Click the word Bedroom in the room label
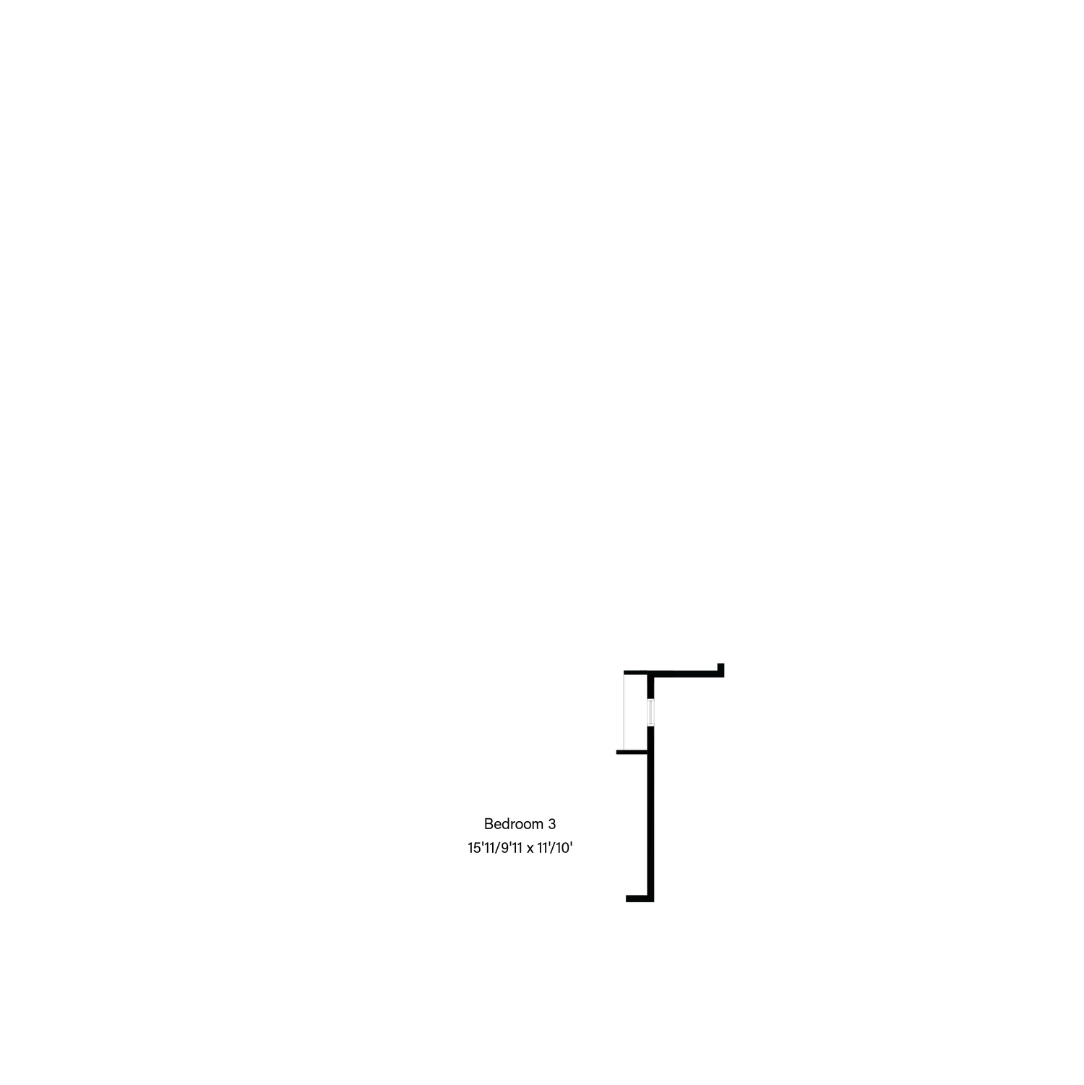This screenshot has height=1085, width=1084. click(514, 824)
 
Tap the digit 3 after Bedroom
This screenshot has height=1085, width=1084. click(552, 824)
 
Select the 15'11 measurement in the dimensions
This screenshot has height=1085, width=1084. click(481, 849)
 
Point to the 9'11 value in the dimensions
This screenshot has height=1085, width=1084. click(512, 849)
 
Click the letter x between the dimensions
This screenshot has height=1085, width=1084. click(530, 849)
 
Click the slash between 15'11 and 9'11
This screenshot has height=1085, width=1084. click(498, 849)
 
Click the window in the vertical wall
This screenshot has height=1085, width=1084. click(650, 713)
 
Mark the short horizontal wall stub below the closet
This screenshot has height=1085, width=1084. click(632, 752)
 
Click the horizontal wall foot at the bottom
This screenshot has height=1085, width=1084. click(640, 899)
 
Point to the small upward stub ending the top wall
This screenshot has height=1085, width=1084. click(720, 669)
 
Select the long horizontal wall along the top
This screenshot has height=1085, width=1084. click(674, 674)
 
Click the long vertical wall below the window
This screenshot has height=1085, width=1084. click(650, 814)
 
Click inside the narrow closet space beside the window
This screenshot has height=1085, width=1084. click(635, 713)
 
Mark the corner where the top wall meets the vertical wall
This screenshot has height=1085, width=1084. click(650, 674)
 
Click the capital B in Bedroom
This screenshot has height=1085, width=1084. click(489, 824)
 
